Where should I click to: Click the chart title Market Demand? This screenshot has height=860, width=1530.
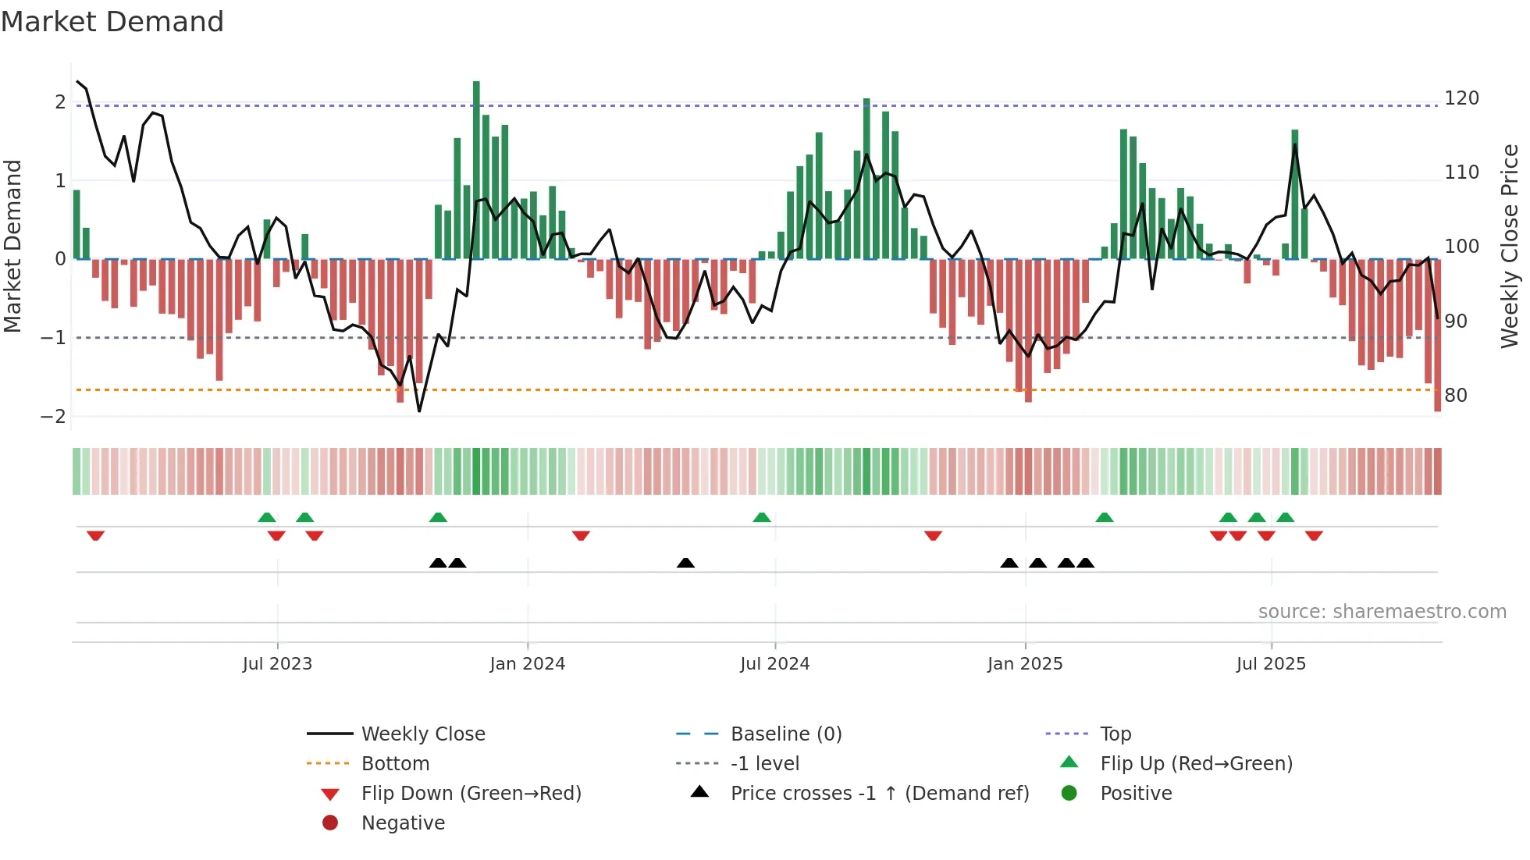(x=112, y=22)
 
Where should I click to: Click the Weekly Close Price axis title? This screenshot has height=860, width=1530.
(x=1510, y=246)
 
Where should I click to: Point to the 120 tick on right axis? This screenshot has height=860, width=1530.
(x=1461, y=98)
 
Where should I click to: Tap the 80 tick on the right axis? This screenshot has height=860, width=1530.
(x=1456, y=396)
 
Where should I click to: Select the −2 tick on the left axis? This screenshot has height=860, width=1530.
(x=53, y=417)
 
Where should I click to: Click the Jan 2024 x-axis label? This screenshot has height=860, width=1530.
(x=527, y=664)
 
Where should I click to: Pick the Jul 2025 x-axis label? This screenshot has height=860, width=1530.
(x=1270, y=664)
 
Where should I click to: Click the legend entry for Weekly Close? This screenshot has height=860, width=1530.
(x=422, y=734)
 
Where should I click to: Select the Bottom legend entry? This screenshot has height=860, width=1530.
(x=395, y=764)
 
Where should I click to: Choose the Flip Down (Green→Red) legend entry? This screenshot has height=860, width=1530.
(x=471, y=794)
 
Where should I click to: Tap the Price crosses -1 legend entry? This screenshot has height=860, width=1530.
(x=879, y=794)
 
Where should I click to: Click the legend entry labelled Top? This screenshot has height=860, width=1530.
(x=1115, y=734)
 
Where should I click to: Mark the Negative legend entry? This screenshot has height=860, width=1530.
(x=403, y=823)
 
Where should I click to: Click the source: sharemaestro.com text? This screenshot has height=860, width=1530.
(x=1382, y=612)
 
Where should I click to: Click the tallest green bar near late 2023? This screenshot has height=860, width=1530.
(x=476, y=168)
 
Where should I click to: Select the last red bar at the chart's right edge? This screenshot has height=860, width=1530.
(x=1437, y=336)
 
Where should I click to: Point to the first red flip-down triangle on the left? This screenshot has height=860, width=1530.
(x=95, y=535)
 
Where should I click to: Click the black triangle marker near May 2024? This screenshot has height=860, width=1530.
(x=685, y=563)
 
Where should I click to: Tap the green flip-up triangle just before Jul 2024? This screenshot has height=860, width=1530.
(x=761, y=517)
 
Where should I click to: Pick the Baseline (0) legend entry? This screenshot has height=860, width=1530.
(x=785, y=734)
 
